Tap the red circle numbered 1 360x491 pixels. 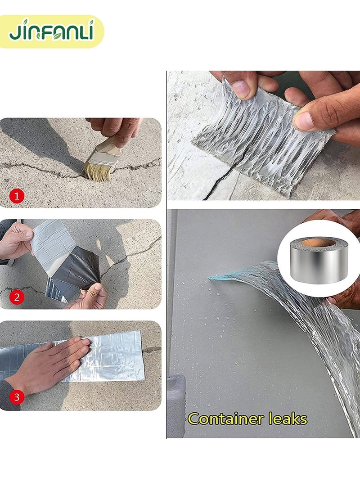tap(17, 196)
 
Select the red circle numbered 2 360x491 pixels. tap(17, 297)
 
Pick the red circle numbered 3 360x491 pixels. tap(17, 397)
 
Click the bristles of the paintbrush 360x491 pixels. tap(97, 171)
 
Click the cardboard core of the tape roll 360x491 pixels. tap(319, 243)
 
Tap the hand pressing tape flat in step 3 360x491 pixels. tap(54, 360)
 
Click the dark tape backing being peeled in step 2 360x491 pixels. tap(76, 270)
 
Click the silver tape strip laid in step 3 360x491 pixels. tap(117, 356)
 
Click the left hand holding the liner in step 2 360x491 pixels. tap(16, 241)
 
